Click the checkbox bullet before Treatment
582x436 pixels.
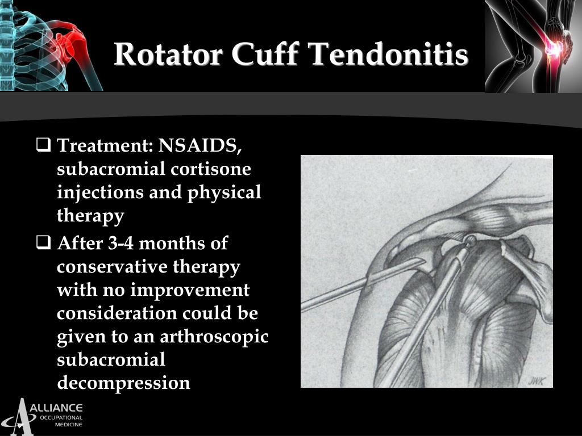43,146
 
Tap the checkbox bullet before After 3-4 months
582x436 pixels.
43,244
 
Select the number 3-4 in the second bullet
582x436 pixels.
120,244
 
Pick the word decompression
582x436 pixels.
123,383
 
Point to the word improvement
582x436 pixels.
190,290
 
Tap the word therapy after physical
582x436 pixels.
90,216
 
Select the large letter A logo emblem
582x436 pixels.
22,417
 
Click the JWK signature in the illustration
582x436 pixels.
535,380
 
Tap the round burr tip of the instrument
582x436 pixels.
470,241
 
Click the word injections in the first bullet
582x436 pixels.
100,192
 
